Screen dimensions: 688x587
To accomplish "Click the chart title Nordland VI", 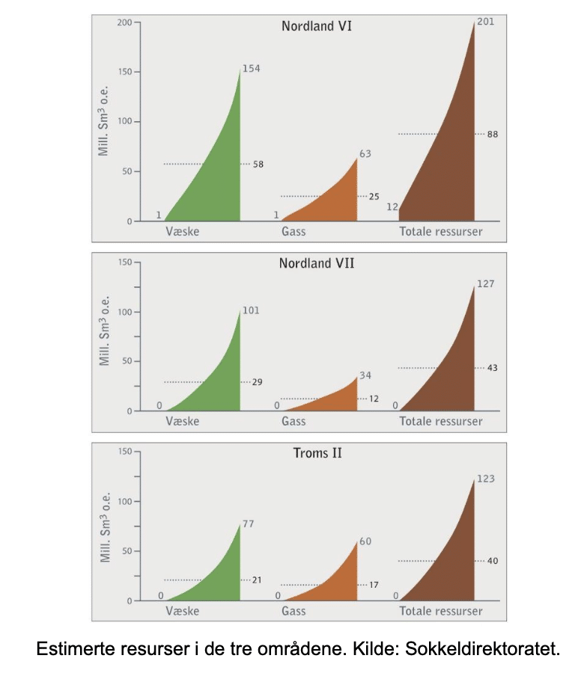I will (316, 26).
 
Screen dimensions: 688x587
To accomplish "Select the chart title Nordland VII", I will (316, 263).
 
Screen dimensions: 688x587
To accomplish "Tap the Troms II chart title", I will (316, 453).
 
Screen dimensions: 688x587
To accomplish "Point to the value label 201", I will (485, 22).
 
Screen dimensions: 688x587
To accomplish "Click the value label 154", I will (251, 68).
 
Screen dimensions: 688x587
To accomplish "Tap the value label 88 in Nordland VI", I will (492, 134).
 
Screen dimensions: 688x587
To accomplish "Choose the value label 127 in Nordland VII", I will (485, 284).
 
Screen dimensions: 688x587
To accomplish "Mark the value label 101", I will (251, 310).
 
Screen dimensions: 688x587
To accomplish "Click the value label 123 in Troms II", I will (485, 479).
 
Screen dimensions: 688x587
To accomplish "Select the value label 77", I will (249, 523).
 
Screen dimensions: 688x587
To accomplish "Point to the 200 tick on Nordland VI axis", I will (124, 22).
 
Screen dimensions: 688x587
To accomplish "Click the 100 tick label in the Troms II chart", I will (124, 501).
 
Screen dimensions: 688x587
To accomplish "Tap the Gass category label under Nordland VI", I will (293, 232).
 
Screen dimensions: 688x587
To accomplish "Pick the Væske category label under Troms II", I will (182, 611).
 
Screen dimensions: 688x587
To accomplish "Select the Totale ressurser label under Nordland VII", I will (441, 421).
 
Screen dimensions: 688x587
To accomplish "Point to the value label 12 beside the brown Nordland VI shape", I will (392, 206).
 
